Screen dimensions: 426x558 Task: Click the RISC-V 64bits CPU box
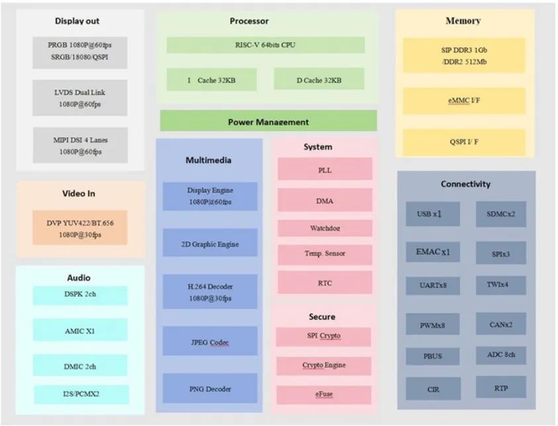pos(265,45)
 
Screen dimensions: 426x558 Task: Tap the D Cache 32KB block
pos(318,79)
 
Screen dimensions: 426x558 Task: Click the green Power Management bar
pos(268,121)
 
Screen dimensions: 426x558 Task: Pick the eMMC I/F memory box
pos(463,101)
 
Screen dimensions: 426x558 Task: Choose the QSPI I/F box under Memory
pos(463,142)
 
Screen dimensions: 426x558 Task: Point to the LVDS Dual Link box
pos(80,99)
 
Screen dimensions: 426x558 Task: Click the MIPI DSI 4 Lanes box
pos(80,146)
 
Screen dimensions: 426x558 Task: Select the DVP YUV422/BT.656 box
pos(80,228)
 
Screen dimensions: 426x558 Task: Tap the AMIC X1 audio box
pos(80,330)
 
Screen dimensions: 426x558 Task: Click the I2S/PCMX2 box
pos(80,395)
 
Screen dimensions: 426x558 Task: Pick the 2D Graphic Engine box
pos(210,243)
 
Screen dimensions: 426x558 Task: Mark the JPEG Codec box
pos(210,342)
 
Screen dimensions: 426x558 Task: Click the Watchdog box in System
pos(324,228)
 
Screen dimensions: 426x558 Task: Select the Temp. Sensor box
pos(324,253)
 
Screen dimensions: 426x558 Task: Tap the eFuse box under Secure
pos(324,394)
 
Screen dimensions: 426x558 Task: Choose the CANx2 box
pos(501,324)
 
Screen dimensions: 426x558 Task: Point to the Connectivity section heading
pos(465,184)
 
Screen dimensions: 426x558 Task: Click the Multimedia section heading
pos(209,160)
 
